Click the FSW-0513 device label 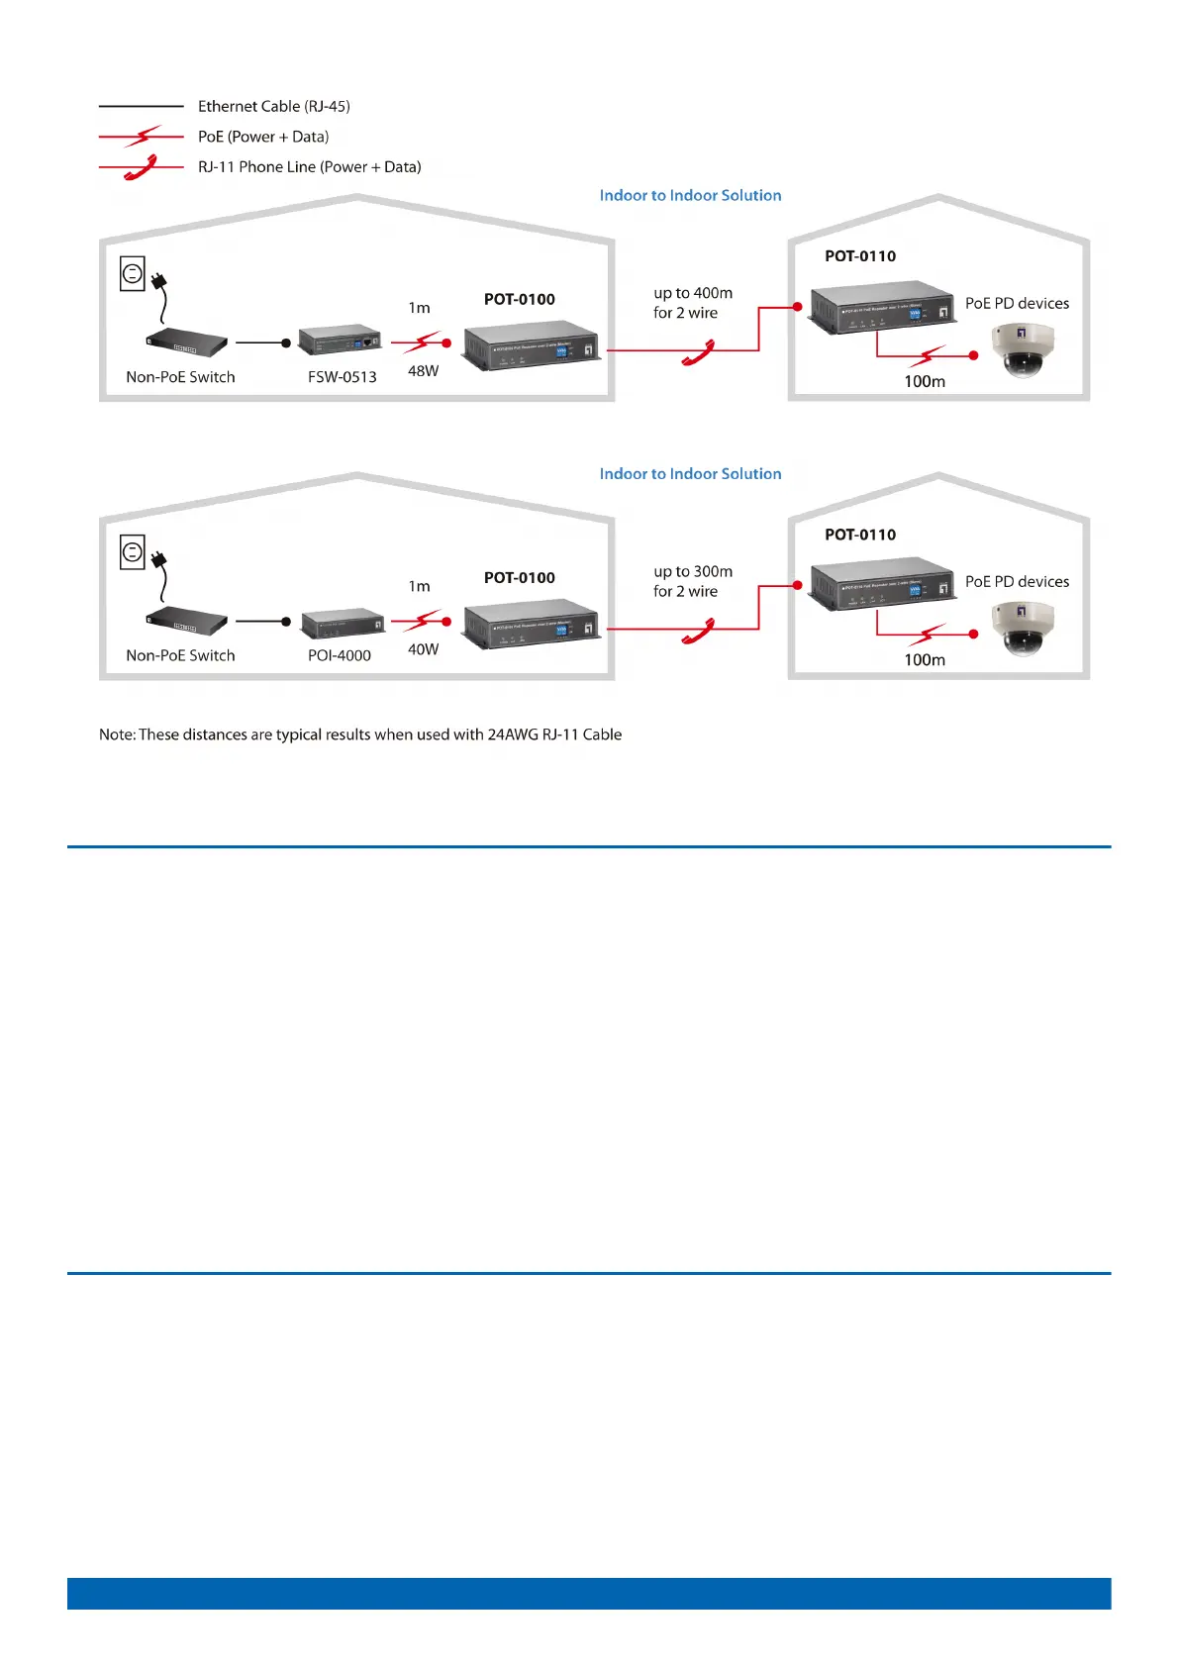pos(342,377)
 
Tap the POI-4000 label pos(339,655)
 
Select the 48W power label pos(423,371)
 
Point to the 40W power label pos(423,649)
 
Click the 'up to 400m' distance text pos(693,293)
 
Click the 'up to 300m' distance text pos(693,571)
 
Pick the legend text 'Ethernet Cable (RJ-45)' pos(273,106)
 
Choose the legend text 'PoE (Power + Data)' pos(262,137)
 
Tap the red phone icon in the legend pos(142,168)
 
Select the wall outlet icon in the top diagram pos(133,273)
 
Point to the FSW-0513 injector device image pos(341,340)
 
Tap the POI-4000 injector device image pos(343,624)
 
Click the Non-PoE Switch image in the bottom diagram pos(186,621)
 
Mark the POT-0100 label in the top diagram pos(519,299)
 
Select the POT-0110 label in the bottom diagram pos(859,535)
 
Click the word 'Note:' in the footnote pos(117,735)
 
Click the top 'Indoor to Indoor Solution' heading pos(690,196)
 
